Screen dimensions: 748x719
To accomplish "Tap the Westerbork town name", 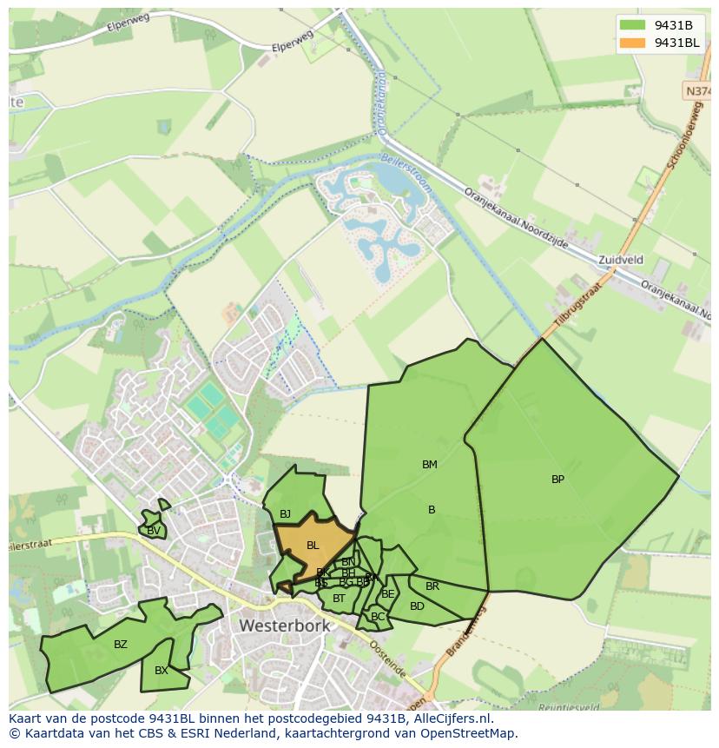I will pos(285,626).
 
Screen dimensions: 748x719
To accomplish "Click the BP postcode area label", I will pos(557,479).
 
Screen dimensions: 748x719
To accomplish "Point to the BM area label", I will pos(429,465).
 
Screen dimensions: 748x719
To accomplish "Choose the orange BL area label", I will pos(313,546).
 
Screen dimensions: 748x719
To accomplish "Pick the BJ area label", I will pos(285,515).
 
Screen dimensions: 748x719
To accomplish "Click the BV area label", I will pos(153,531).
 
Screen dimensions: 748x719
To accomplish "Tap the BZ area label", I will pos(121,645).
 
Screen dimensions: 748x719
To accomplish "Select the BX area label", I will pos(162,671).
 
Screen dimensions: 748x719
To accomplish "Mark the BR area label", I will pos(432,586).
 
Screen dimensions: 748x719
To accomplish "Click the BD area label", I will pos(417,606).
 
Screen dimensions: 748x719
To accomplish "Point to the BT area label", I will pos(339,599).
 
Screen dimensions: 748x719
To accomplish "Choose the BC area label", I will pos(377,617).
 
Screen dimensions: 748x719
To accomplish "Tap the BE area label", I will pos(388,594).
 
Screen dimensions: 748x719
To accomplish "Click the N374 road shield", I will pos(697,90).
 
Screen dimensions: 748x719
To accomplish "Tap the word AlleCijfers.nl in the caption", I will pos(451,718).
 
